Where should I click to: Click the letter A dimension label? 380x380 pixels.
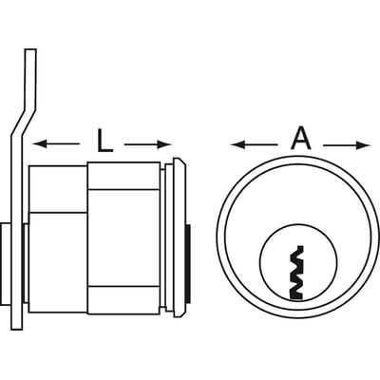[301, 140]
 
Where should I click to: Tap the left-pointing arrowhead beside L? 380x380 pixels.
[40, 144]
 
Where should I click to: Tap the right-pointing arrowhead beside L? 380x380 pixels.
[163, 144]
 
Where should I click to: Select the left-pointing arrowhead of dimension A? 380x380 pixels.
[238, 145]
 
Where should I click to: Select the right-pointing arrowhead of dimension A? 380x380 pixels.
[363, 145]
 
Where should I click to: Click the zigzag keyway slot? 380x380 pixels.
[297, 273]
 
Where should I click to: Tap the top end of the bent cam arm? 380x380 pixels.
[30, 49]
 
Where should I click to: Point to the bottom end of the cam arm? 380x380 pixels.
[17, 330]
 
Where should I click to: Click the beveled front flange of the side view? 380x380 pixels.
[180, 237]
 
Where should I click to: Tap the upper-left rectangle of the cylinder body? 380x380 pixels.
[58, 188]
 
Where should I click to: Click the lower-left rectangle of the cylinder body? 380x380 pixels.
[58, 262]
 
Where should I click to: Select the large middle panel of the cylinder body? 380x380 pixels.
[123, 237]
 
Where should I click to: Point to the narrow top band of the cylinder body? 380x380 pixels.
[123, 176]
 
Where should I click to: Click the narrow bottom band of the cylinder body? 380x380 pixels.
[123, 300]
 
